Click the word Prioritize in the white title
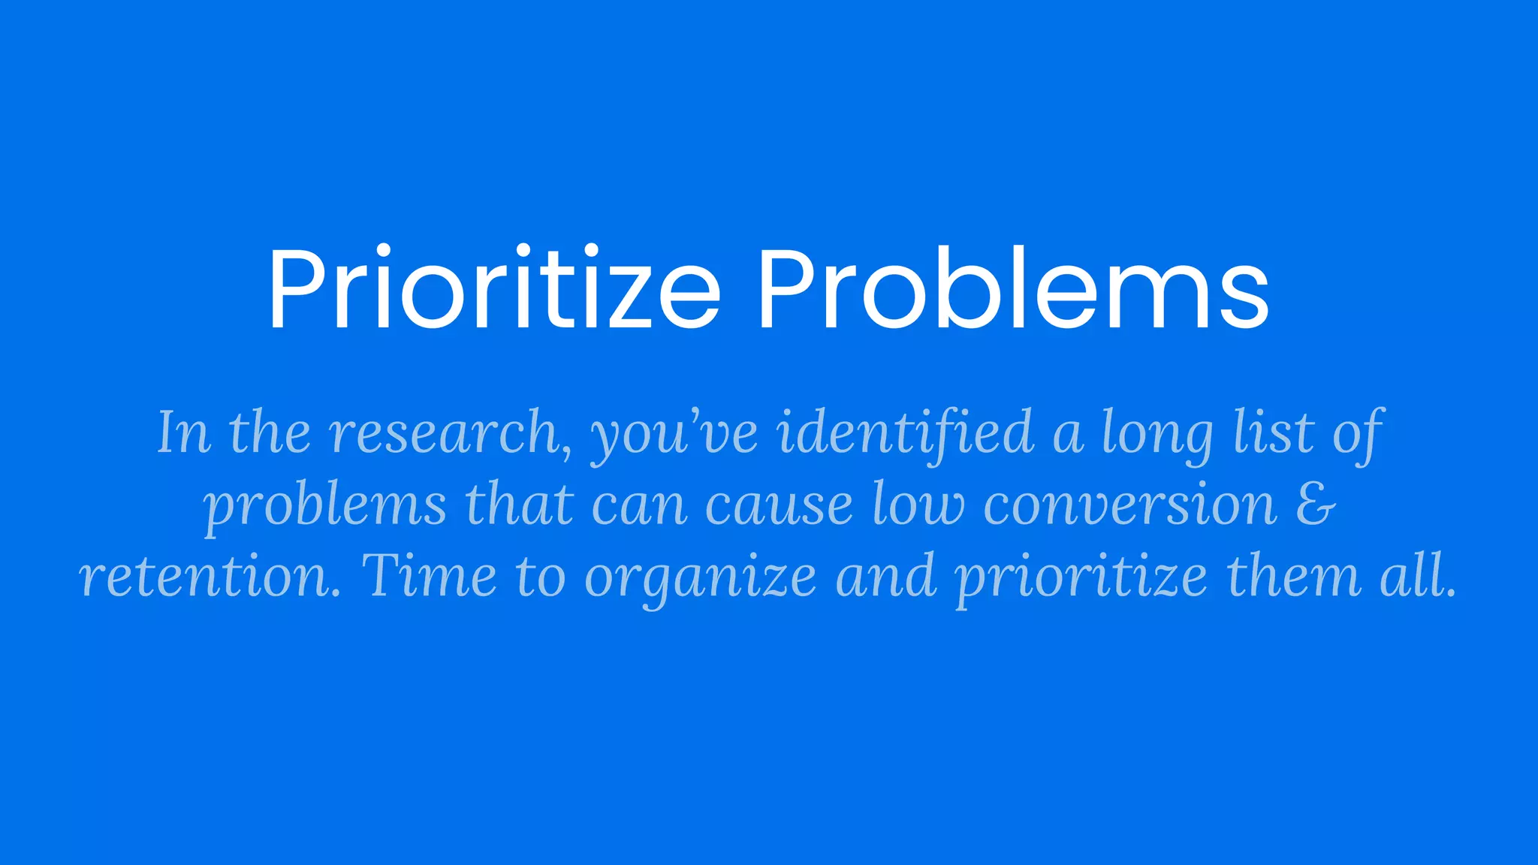493,288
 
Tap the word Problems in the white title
1012,288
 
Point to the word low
918,505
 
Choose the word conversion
1130,505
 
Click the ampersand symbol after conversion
1316,505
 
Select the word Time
428,576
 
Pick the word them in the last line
1294,576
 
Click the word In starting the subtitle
183,433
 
